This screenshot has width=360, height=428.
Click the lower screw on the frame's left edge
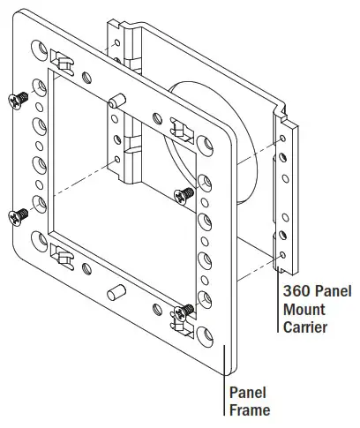[17, 214]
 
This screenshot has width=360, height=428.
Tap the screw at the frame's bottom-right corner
[185, 310]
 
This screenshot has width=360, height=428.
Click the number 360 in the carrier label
[295, 291]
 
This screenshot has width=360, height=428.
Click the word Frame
[250, 409]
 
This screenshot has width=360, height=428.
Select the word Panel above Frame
[248, 392]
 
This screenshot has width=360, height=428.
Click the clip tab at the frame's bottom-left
[64, 256]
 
